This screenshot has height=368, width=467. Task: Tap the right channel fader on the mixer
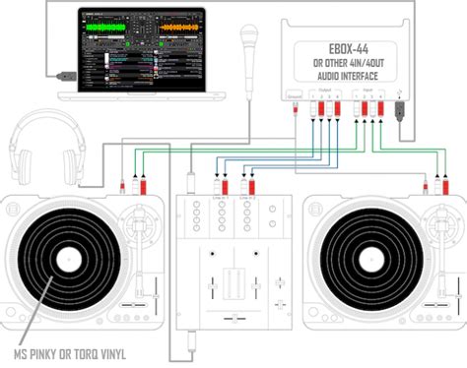[267, 300]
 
